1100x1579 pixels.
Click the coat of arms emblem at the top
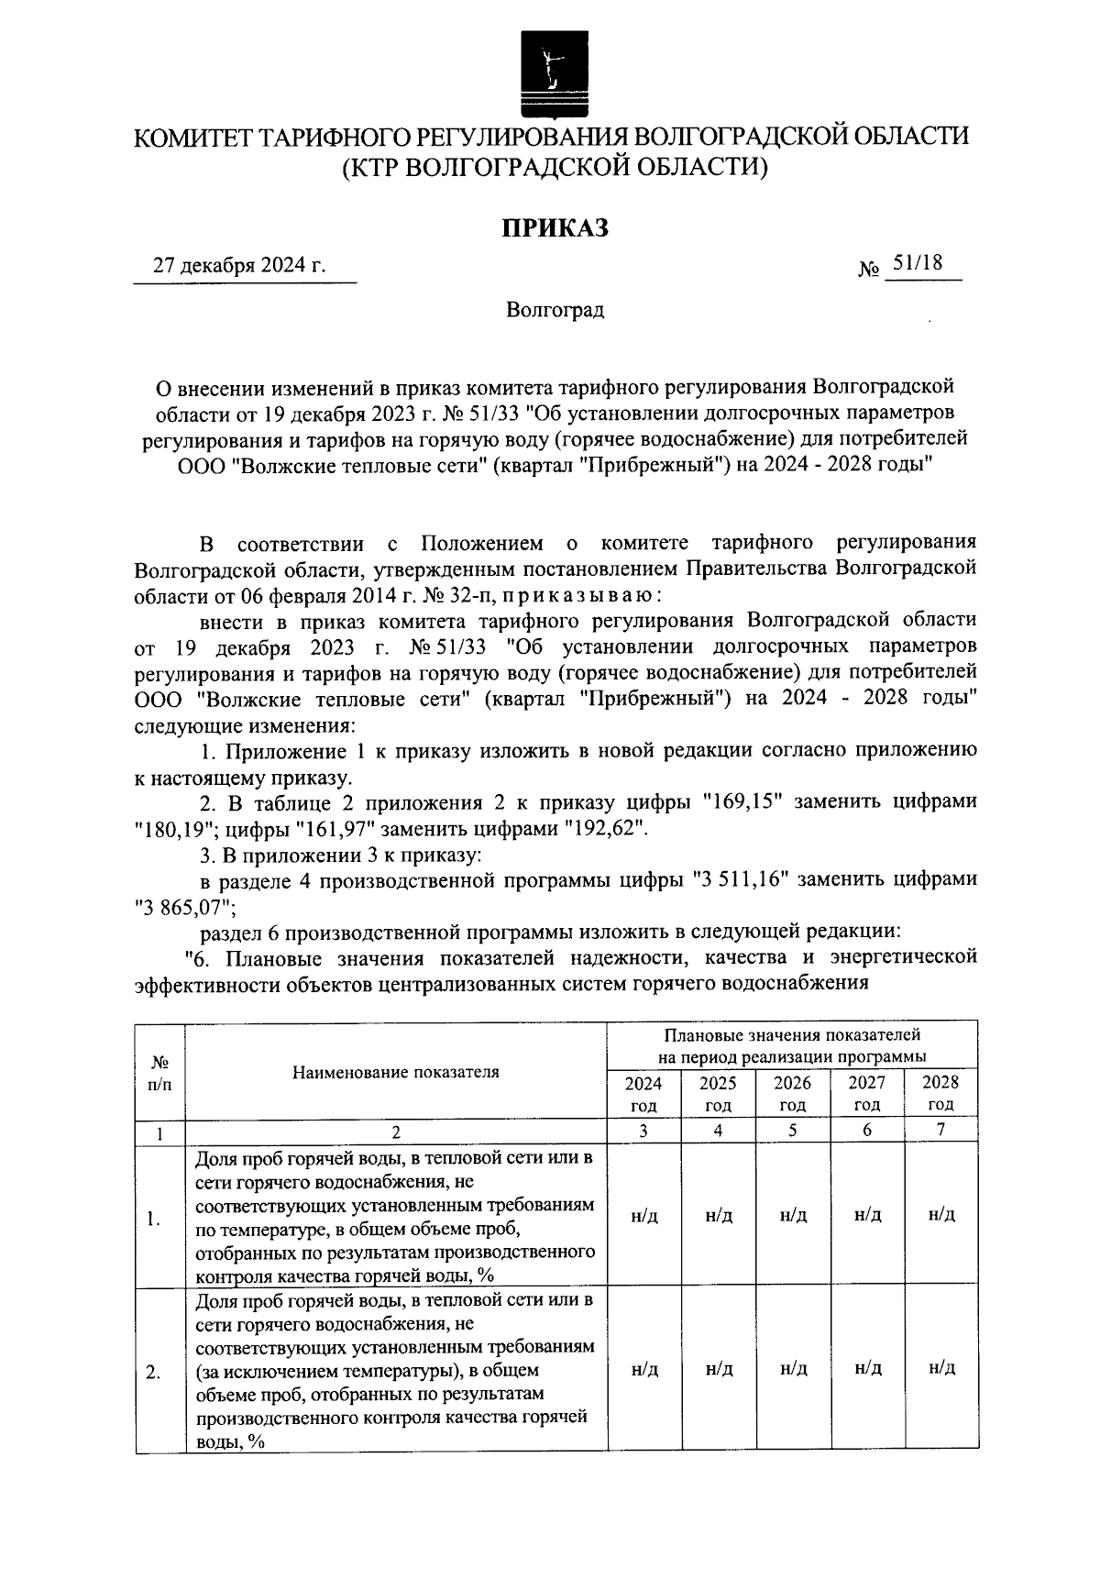(550, 72)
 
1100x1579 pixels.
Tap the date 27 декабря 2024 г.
(239, 266)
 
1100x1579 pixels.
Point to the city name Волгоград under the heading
(555, 310)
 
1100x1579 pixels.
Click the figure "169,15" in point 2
(740, 802)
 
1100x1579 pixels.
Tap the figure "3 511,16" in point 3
(741, 880)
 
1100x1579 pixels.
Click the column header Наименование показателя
(396, 1072)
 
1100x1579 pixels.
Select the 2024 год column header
(643, 1093)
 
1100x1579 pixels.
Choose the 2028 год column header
(940, 1093)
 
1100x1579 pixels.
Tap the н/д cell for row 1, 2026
(793, 1216)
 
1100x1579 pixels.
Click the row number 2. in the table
(155, 1373)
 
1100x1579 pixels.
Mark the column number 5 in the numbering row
(793, 1131)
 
